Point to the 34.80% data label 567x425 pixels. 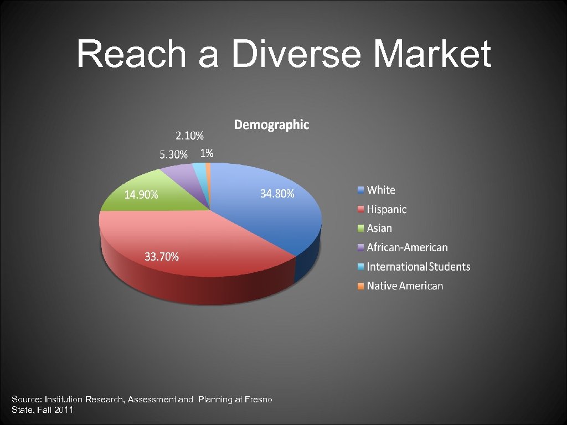click(277, 194)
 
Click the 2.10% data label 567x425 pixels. click(189, 136)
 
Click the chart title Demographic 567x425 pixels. click(271, 125)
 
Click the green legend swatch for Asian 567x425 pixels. click(360, 229)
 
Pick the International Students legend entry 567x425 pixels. click(418, 267)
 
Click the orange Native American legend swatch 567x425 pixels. click(360, 286)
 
